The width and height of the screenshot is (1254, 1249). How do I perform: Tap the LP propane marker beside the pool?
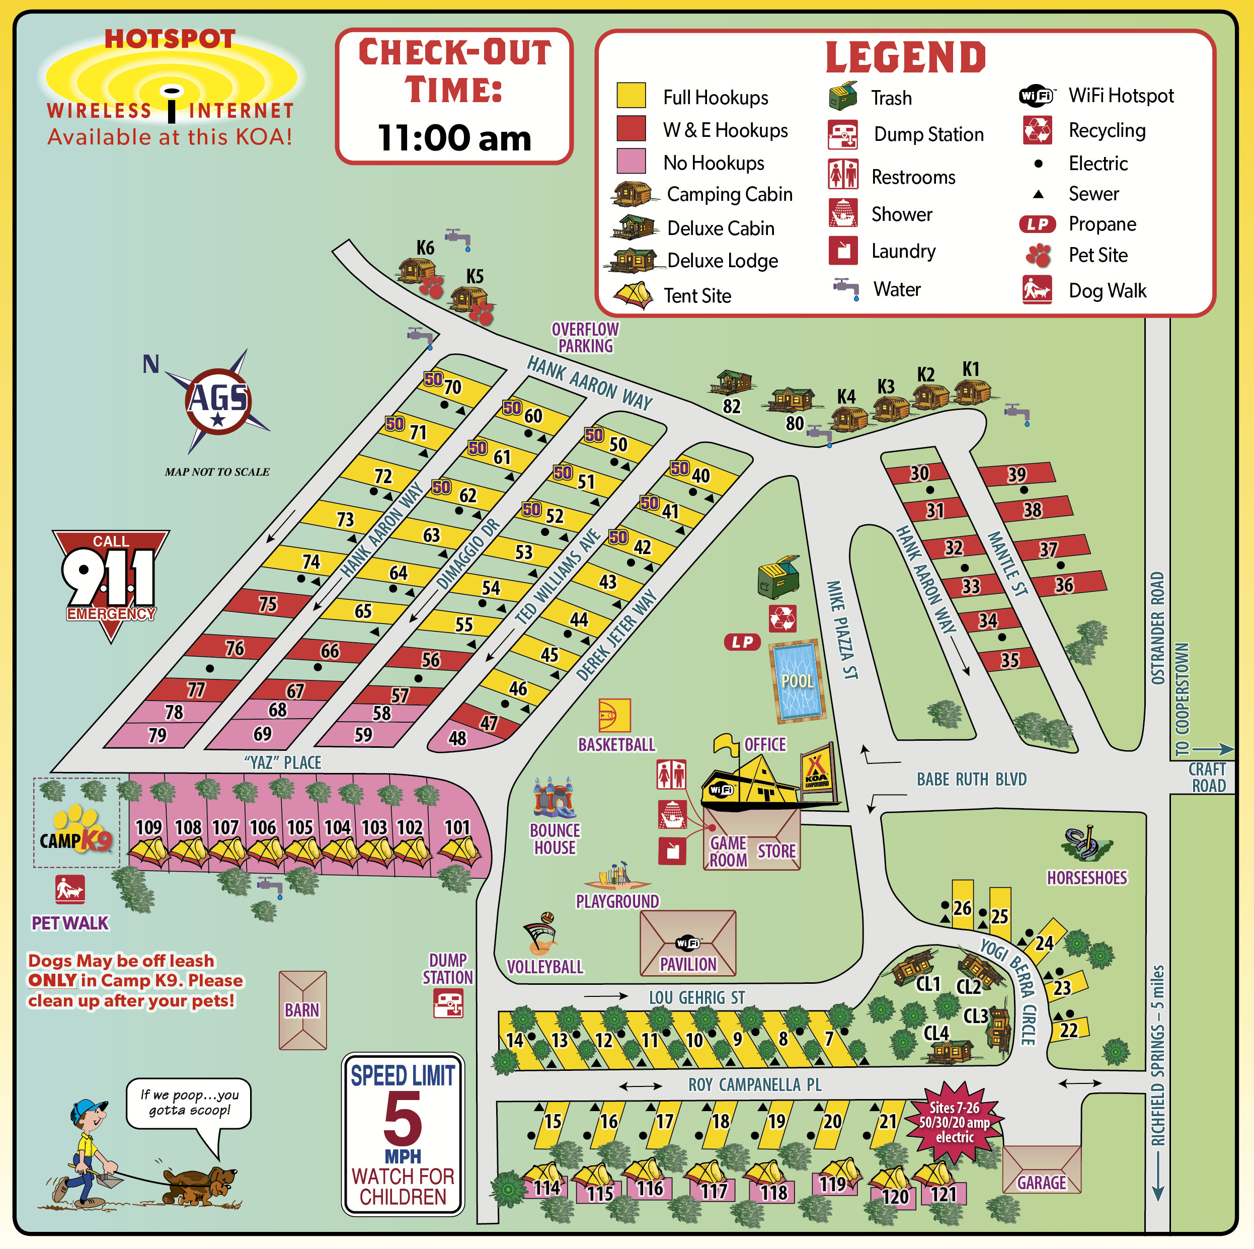742,642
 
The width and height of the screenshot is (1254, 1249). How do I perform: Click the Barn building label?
302,1010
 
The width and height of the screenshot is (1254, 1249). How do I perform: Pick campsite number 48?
457,737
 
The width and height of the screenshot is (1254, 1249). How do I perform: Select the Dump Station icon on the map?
448,1003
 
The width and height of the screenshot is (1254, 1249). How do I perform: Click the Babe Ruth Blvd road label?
971,779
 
